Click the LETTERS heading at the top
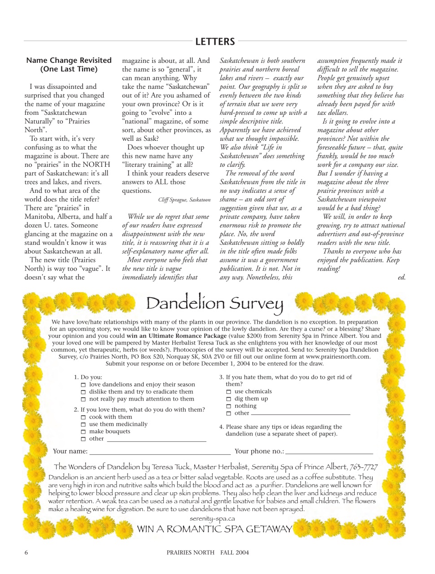point(215,42)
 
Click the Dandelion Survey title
point(215,304)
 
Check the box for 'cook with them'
point(83,417)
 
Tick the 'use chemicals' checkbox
point(229,392)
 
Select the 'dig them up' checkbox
point(229,399)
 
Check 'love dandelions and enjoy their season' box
point(83,385)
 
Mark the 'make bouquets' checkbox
point(83,432)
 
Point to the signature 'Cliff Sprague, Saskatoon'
point(184,200)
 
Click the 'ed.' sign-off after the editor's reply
point(401,278)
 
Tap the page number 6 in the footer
point(26,552)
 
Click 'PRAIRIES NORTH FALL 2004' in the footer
point(208,552)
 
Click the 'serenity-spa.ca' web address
point(212,519)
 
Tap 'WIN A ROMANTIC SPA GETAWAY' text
point(214,529)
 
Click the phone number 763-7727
point(364,467)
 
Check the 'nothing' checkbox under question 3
point(229,406)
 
